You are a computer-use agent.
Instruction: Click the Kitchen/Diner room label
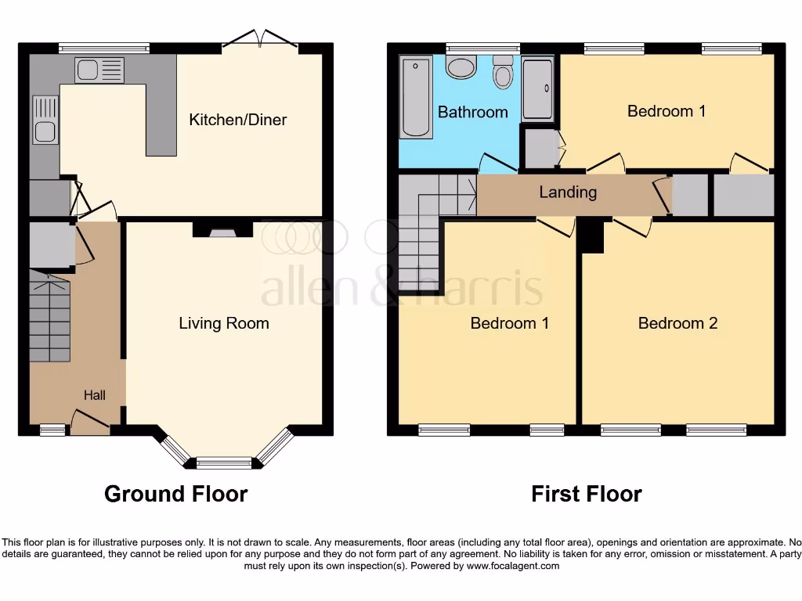tap(237, 120)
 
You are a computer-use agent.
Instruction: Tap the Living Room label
tap(223, 323)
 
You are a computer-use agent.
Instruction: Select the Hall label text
tap(95, 396)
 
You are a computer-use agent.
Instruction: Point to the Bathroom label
tap(472, 112)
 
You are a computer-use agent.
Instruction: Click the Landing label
tap(567, 192)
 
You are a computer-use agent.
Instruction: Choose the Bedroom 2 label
tap(677, 323)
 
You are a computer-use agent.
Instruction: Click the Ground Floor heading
tap(175, 494)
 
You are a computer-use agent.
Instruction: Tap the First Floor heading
tap(586, 494)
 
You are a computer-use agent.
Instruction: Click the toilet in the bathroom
tap(502, 75)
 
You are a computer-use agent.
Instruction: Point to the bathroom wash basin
tap(461, 67)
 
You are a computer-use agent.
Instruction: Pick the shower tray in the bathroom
tap(537, 88)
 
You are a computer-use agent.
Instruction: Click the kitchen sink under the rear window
tap(99, 70)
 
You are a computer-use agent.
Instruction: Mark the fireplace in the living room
tap(222, 230)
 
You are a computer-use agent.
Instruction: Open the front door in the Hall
tap(90, 423)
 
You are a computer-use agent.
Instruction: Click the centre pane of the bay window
tap(223, 463)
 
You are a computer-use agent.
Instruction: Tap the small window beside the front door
tap(52, 429)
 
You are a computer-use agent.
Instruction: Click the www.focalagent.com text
tap(513, 566)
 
